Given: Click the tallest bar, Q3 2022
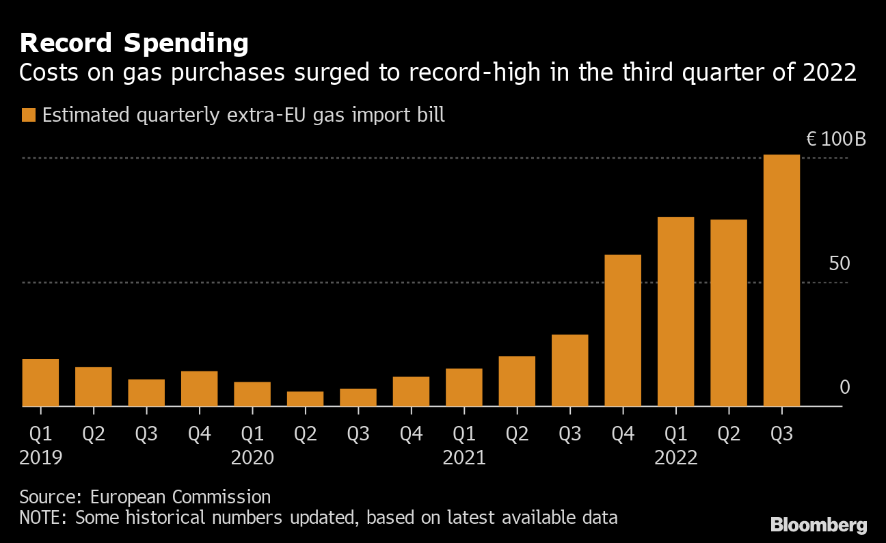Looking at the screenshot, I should tap(781, 280).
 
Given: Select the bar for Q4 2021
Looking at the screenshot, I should tap(623, 330).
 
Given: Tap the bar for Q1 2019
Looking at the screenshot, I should tap(40, 382).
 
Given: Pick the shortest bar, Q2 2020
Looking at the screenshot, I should tap(305, 399).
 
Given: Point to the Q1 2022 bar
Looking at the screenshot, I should tap(675, 311).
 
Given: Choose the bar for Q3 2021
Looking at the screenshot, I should tap(569, 370).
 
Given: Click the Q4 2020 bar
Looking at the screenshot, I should tap(411, 391).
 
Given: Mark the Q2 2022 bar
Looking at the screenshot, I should tap(729, 313).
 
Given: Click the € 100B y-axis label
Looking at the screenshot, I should tap(836, 140).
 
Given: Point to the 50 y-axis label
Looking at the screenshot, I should tap(839, 264).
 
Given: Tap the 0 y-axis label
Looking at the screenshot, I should tap(844, 388).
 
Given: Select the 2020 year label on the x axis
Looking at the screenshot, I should tap(252, 458).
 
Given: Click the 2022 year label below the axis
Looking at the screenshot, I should tap(675, 458).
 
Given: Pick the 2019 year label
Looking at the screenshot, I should tap(40, 458).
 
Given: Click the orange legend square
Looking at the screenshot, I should tap(28, 115).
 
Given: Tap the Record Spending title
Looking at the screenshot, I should tap(134, 44).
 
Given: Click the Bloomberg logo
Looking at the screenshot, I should tap(818, 525).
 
